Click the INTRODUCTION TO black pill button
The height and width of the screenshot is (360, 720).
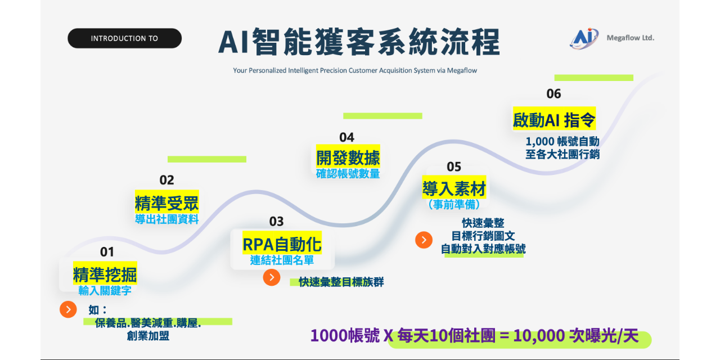pyautogui.click(x=124, y=38)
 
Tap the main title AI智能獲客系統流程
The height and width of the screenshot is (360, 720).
pyautogui.click(x=358, y=42)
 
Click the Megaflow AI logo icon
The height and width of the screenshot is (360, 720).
pyautogui.click(x=584, y=38)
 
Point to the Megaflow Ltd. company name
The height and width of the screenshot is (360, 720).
pyautogui.click(x=630, y=38)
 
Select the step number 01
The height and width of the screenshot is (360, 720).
pyautogui.click(x=107, y=251)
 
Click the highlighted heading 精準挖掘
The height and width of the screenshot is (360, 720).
pyautogui.click(x=105, y=274)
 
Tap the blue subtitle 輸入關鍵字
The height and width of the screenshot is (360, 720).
pyautogui.click(x=105, y=290)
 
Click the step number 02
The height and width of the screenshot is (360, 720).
pyautogui.click(x=166, y=180)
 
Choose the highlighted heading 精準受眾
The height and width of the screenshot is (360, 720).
pyautogui.click(x=166, y=203)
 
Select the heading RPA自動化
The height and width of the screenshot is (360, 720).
pyautogui.click(x=282, y=244)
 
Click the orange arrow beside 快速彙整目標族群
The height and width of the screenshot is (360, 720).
pyautogui.click(x=271, y=277)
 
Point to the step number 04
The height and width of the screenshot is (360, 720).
pyautogui.click(x=346, y=137)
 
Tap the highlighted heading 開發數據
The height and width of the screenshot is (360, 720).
pyautogui.click(x=348, y=157)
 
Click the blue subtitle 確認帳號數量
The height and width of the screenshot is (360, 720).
pyautogui.click(x=348, y=174)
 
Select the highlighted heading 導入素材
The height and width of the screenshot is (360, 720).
pyautogui.click(x=454, y=188)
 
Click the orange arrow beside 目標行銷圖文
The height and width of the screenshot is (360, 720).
pyautogui.click(x=424, y=240)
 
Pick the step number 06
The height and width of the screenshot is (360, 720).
pyautogui.click(x=553, y=94)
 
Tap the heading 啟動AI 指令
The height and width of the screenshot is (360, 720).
pyautogui.click(x=553, y=120)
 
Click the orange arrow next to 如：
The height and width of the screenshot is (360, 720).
pyautogui.click(x=68, y=309)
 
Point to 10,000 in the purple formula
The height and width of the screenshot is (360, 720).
pyautogui.click(x=539, y=336)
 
